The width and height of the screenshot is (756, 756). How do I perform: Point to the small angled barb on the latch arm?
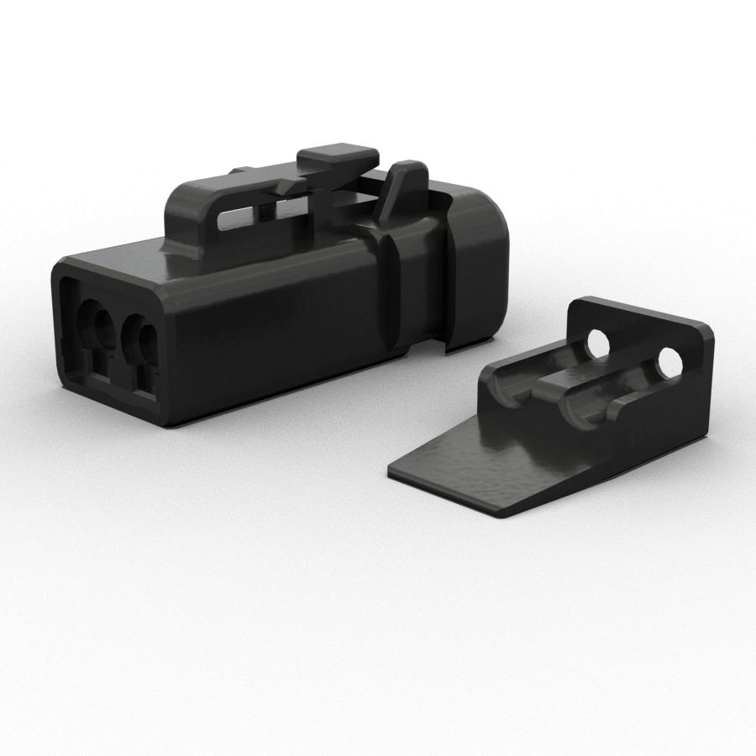tap(290, 183)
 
